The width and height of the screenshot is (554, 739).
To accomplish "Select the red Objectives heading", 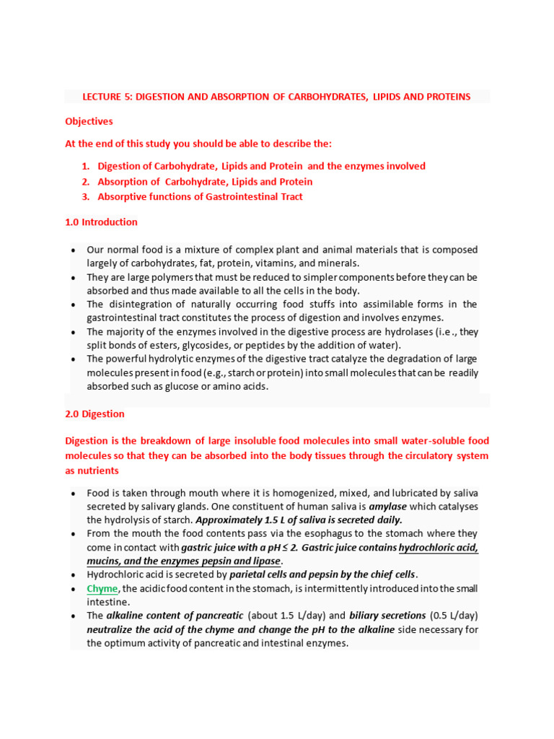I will tap(89, 122).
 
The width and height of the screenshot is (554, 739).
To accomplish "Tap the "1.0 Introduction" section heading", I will tap(101, 222).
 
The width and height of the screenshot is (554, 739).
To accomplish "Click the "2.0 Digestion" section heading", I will tap(94, 414).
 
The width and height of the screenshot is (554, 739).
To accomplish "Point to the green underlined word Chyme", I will tap(102, 589).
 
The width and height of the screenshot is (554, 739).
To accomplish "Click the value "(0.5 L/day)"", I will tap(454, 616).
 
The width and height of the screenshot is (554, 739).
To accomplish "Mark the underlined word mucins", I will tap(107, 561).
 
